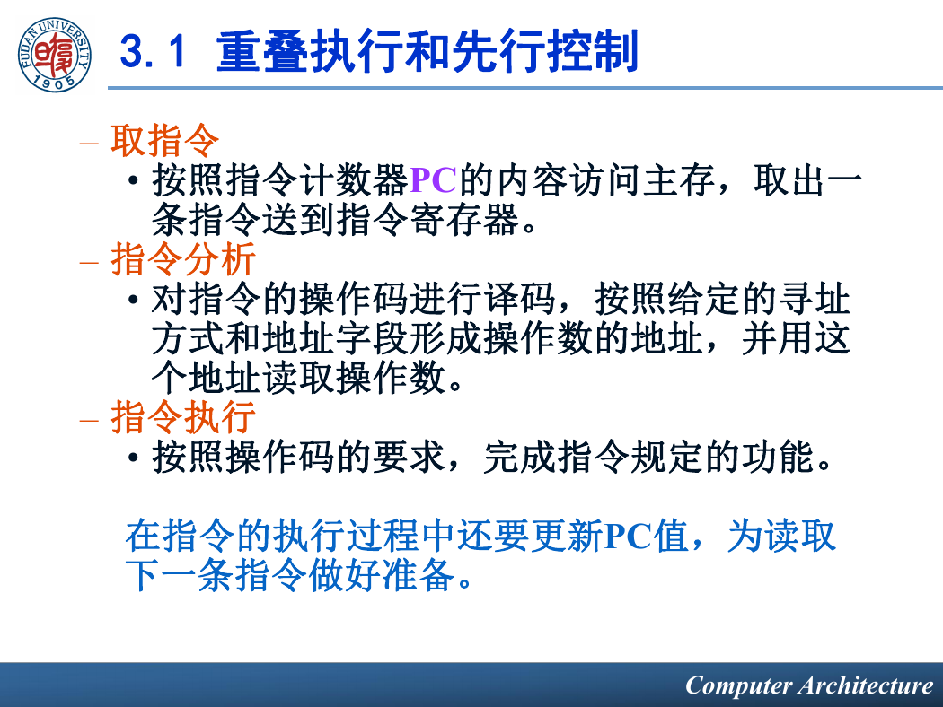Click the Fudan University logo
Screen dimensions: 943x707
tap(54, 55)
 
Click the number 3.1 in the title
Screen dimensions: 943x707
tap(153, 52)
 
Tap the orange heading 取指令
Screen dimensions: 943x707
tap(164, 141)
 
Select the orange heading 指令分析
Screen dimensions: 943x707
tap(183, 259)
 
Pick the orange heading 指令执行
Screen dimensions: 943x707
tap(183, 417)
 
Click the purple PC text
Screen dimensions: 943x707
tap(433, 180)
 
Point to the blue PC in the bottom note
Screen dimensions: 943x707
tap(629, 537)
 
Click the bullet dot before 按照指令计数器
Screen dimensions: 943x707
tap(134, 181)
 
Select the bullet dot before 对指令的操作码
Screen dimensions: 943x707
tap(134, 299)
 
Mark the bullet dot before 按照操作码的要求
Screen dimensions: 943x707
tap(134, 458)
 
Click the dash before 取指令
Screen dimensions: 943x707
tap(88, 144)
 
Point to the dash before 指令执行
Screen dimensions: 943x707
tap(88, 420)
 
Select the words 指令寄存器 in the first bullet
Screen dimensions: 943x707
tap(427, 220)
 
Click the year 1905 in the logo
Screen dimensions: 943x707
tap(54, 83)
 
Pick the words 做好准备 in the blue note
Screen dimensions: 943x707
tap(382, 576)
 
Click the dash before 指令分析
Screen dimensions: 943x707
tap(88, 262)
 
